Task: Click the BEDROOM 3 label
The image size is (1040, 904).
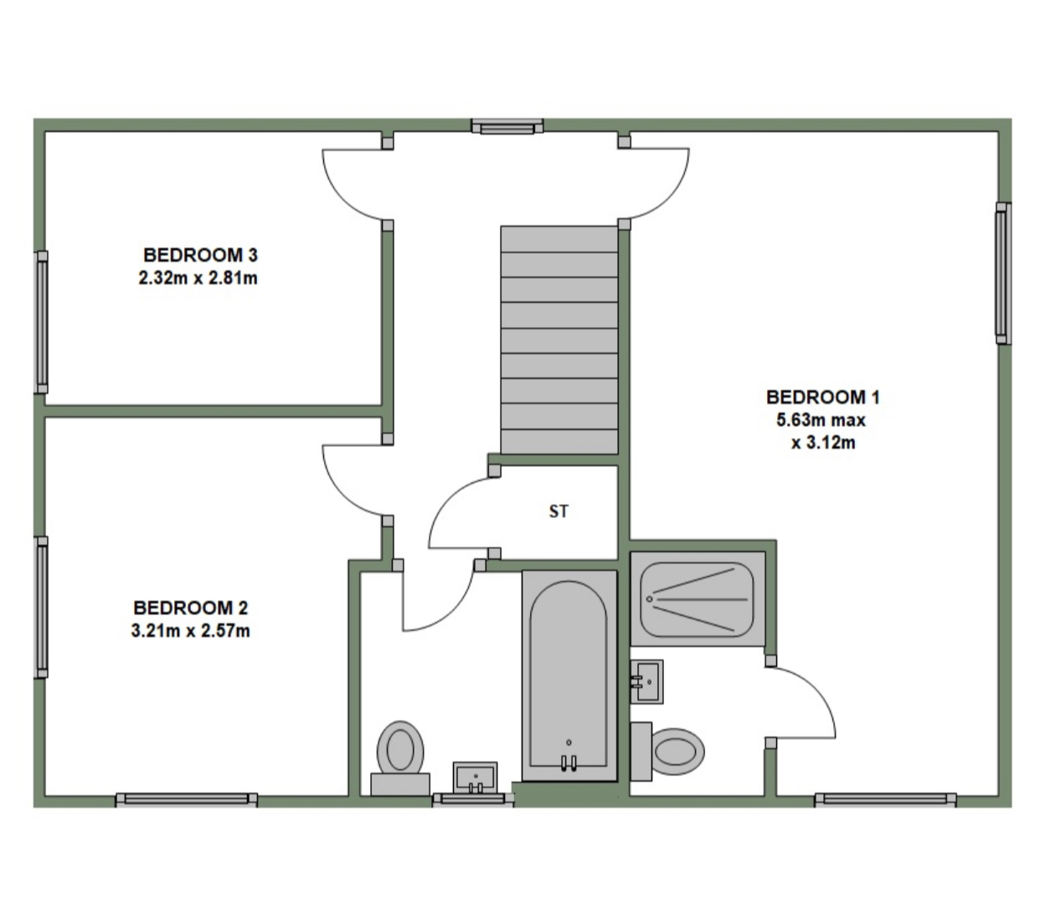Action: tap(198, 254)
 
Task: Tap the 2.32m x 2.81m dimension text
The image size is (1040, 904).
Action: tap(198, 278)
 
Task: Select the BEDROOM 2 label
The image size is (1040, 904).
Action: tap(191, 608)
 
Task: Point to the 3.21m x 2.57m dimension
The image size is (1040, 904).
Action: tap(191, 631)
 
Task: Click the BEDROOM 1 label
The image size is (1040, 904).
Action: tap(823, 397)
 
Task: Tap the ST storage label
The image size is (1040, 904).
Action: tap(559, 511)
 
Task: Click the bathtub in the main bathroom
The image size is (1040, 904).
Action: tap(569, 674)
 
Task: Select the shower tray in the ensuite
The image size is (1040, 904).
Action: tap(697, 598)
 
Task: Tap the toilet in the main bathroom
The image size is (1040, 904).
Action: tap(400, 751)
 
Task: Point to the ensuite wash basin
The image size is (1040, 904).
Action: tap(646, 679)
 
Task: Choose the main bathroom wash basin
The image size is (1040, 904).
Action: tap(475, 776)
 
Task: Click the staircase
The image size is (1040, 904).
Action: tap(559, 340)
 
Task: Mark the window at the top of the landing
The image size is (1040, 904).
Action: tap(507, 127)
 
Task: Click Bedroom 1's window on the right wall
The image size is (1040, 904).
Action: tap(1001, 273)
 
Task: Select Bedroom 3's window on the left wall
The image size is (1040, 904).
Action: tap(40, 321)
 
